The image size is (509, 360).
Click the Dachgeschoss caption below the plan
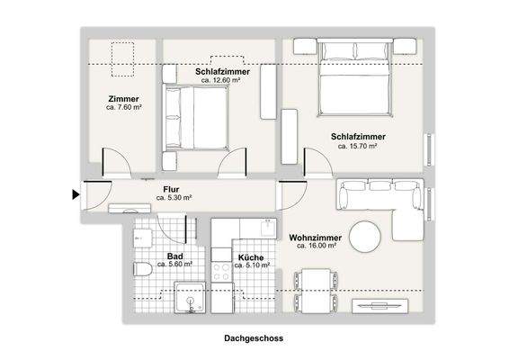point(254,339)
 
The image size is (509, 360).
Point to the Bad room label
point(162,256)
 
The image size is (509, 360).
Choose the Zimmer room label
point(122,98)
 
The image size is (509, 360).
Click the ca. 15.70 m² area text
point(357,145)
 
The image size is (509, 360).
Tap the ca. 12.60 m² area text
point(220,80)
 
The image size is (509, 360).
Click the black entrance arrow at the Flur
point(75,193)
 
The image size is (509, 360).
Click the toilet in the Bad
point(139,269)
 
